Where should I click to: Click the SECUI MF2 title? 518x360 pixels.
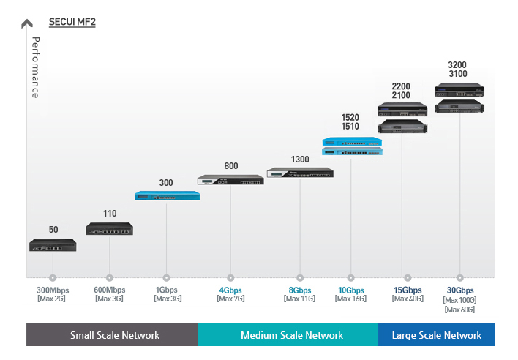coord(72,22)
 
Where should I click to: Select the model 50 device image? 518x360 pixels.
coord(53,245)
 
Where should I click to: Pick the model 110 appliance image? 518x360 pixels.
coord(110,229)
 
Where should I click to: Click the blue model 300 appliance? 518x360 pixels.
coord(167,195)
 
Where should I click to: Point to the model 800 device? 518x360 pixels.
coord(230,179)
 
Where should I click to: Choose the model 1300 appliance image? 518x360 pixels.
coord(299,173)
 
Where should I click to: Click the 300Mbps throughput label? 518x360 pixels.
coord(53,290)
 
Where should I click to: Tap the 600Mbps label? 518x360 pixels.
coord(110,290)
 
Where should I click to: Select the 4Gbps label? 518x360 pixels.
coord(230,290)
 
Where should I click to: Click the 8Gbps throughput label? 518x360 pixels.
coord(299,290)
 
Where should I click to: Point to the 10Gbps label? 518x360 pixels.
coord(350,290)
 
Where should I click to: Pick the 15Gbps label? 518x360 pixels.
coord(408,290)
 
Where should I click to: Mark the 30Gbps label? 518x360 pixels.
coord(460,290)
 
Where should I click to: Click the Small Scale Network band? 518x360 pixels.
coord(114,335)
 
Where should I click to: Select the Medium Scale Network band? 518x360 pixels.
coord(291,335)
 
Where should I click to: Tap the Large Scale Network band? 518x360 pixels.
coord(437,335)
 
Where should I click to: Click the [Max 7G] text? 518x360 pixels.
coord(230,299)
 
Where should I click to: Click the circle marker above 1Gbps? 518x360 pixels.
coord(166,278)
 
